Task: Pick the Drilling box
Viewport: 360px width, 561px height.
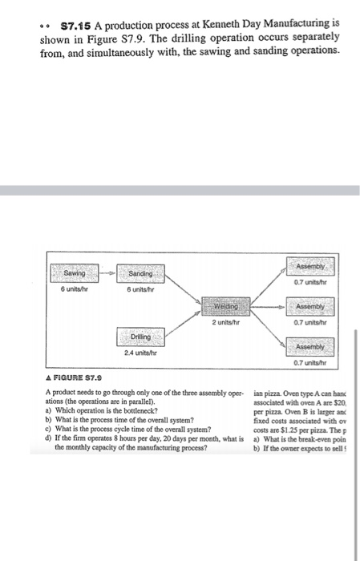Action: point(142,339)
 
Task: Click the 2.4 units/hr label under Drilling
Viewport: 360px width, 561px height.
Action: point(142,353)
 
